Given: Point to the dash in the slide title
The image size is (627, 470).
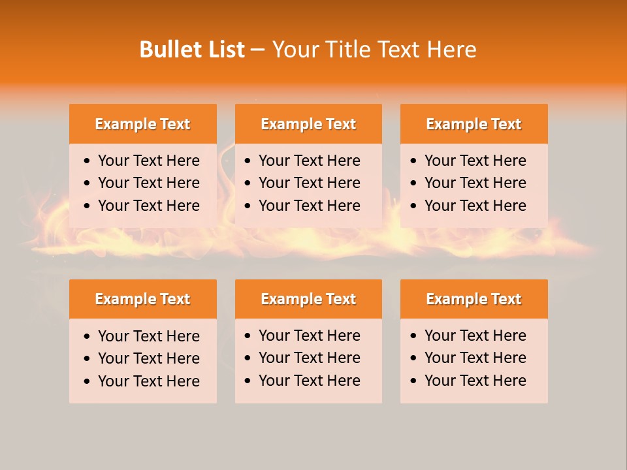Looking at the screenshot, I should (257, 50).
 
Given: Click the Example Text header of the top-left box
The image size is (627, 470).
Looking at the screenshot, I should (142, 124).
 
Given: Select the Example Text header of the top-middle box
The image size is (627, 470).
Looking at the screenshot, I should (308, 124).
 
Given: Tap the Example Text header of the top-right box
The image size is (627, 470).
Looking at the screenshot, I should (474, 124).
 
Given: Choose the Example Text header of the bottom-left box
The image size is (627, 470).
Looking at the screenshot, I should (142, 299).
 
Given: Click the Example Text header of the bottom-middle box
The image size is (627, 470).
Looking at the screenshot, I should (308, 299).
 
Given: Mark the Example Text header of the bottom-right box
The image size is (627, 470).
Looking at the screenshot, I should (474, 299).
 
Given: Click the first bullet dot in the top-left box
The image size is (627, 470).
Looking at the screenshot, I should (88, 161).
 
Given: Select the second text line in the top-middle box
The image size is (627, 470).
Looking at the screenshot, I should (309, 183).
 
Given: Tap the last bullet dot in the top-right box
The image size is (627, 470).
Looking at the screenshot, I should (414, 206).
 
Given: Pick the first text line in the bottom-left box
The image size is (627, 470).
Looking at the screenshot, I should (148, 336).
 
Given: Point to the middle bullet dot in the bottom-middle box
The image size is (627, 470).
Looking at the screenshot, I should (248, 358).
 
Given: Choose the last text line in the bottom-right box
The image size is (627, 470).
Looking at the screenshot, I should (475, 381).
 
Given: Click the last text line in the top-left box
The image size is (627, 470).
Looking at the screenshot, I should (148, 206).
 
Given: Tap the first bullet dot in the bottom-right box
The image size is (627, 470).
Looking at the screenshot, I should (414, 336).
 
